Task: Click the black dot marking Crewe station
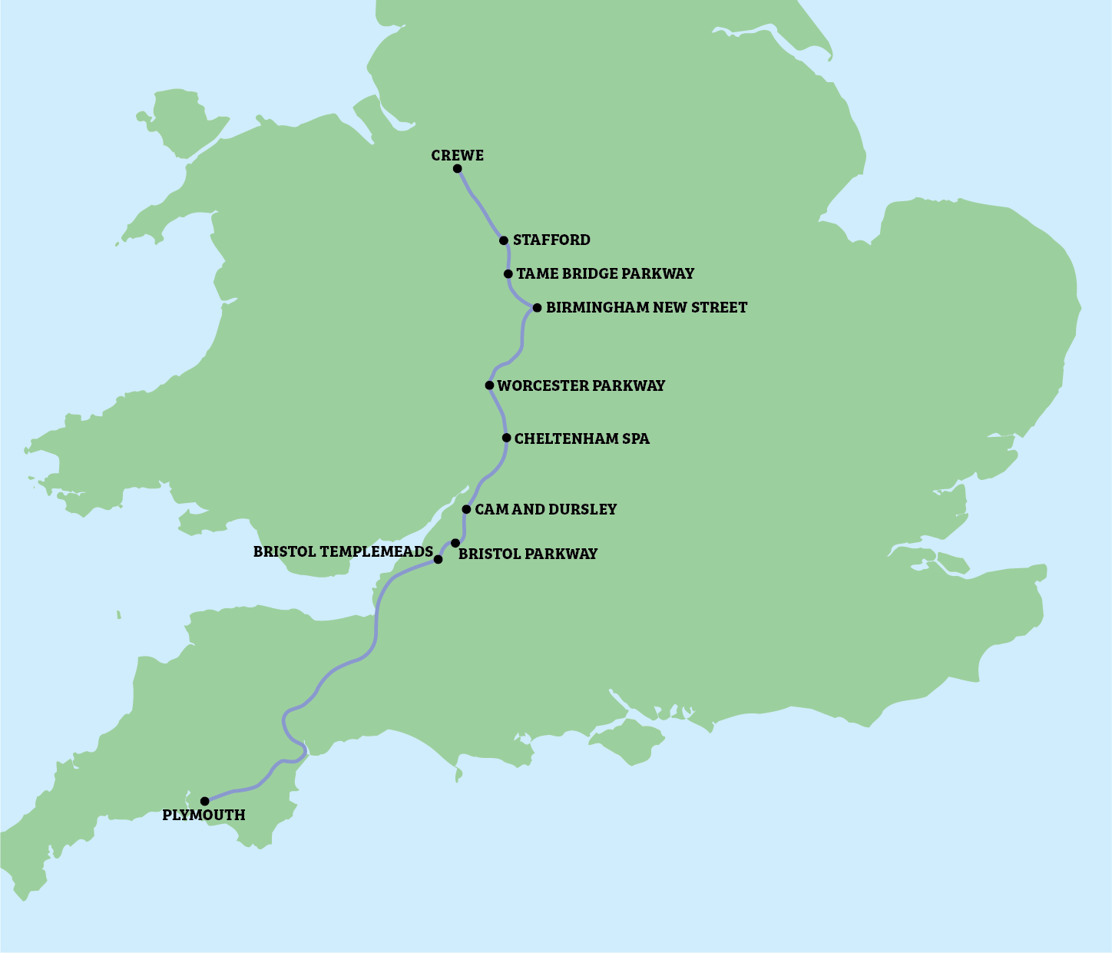coord(457,169)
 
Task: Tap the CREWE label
coord(457,155)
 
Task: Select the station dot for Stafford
coord(504,240)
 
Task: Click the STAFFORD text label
coord(551,240)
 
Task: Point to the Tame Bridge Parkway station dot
coord(508,274)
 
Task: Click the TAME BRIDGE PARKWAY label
coord(605,273)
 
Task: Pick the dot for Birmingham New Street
coord(538,308)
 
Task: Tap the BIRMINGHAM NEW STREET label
coord(646,307)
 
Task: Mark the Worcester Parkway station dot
coord(489,386)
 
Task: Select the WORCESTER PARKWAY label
coord(581,386)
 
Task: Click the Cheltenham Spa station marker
coord(507,438)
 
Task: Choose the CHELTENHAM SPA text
coord(581,438)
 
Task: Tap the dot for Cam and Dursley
coord(466,509)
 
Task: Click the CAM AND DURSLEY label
coord(545,509)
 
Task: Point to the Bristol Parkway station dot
coord(455,543)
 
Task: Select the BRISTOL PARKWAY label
coord(528,554)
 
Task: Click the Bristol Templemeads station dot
coord(439,560)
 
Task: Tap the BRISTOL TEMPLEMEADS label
coord(343,551)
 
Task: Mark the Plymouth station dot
coord(205,801)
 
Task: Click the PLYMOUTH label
coord(204,815)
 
